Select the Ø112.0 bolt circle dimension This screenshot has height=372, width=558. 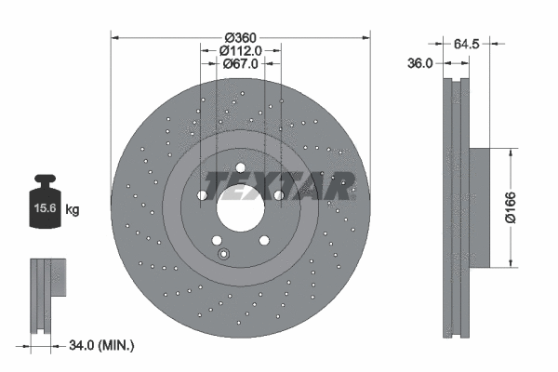pos(241,50)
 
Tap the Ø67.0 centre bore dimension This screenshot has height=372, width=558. pos(241,64)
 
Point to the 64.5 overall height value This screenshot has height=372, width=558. pos(468,42)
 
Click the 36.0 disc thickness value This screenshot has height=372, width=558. pos(421,64)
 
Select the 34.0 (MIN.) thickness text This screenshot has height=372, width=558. pos(102,346)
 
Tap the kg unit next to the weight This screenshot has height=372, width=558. pos(73,210)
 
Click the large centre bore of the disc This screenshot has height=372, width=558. pos(241,209)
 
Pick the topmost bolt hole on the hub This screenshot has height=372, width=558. pos(241,168)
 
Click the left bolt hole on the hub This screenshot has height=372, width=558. pos(202,196)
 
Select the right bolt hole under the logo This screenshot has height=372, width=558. pos(279,196)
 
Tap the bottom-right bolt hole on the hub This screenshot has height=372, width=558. pos(264,241)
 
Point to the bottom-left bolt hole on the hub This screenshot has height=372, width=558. pos(217,241)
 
